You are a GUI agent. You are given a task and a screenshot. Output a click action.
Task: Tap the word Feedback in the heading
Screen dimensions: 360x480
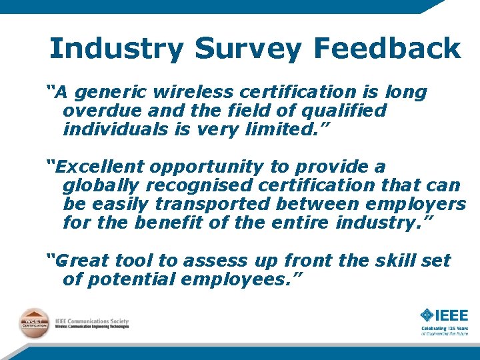click(387, 48)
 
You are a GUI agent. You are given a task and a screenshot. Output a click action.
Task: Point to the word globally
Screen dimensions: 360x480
click(100, 185)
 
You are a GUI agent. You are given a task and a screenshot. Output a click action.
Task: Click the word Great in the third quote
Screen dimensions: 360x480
click(80, 261)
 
